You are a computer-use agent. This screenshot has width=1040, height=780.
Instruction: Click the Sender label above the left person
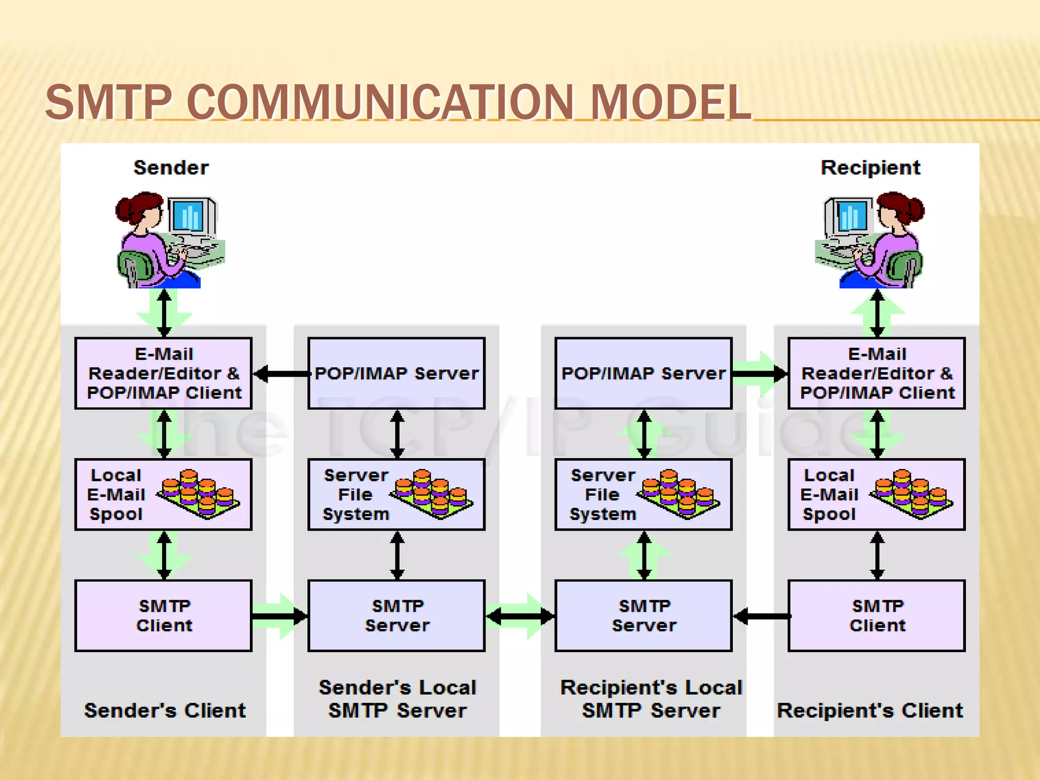tap(171, 168)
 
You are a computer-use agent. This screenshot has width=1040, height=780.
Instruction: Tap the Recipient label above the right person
tap(870, 168)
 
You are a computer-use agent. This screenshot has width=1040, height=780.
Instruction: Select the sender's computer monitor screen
tap(188, 216)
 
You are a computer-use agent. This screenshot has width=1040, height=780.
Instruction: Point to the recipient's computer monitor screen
tap(853, 216)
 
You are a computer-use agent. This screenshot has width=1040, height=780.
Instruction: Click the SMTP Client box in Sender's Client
tap(164, 615)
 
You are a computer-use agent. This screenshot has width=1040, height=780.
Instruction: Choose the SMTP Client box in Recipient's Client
tap(876, 615)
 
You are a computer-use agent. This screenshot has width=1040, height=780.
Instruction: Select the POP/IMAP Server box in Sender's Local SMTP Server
tap(397, 373)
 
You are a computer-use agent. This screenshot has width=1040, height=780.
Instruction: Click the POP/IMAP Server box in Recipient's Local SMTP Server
tap(643, 373)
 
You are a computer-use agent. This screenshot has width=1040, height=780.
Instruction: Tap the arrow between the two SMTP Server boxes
tap(520, 616)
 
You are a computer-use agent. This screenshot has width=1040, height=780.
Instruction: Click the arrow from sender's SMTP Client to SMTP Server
tap(280, 616)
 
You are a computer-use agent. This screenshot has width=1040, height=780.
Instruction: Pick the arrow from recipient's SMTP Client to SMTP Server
tap(760, 616)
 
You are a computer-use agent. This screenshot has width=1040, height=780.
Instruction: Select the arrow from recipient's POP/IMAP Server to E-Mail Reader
tap(760, 374)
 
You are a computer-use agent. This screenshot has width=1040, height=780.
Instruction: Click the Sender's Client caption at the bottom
tap(165, 710)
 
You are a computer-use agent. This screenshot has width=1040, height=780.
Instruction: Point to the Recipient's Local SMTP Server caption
tap(651, 699)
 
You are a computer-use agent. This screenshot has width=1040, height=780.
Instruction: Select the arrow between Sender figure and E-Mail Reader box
tap(164, 313)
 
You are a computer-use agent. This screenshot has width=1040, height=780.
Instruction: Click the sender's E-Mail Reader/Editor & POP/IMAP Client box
tap(164, 373)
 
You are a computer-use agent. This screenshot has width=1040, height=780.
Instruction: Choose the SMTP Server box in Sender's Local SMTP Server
tap(397, 615)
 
